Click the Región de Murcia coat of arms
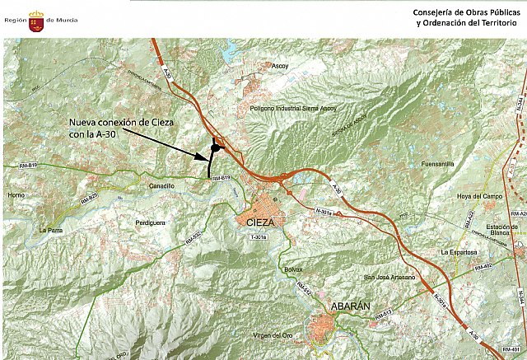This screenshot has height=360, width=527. pos(36,18)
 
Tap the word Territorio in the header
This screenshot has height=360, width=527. pos(497,22)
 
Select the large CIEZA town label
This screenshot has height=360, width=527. pos(261,222)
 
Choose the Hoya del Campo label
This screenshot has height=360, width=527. pos(480,196)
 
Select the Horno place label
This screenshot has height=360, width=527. pos(16,195)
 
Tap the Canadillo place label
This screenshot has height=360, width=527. pos(161,187)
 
